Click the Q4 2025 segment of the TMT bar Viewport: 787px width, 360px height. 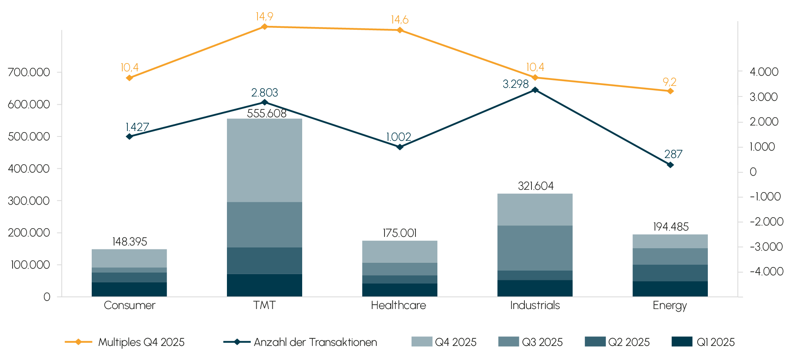tap(265, 160)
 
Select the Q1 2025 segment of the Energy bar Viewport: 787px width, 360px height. tap(670, 289)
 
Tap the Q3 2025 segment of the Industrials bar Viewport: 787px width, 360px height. tap(535, 248)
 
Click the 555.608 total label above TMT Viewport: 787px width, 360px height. tap(267, 114)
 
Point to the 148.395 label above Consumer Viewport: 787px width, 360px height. tap(129, 242)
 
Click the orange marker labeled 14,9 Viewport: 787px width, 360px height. tap(265, 27)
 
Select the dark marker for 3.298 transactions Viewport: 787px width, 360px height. tap(535, 90)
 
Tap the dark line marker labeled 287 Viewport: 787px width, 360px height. tap(670, 165)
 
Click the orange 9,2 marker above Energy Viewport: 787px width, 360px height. tap(670, 91)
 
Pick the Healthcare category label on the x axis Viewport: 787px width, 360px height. tap(398, 305)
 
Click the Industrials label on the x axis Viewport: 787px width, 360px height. tap(535, 305)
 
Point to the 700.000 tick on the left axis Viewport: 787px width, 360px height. tap(29, 72)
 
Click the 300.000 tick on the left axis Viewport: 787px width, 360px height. tap(29, 201)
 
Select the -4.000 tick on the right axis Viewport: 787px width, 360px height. tap(766, 271)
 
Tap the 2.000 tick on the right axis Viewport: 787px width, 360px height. tap(764, 122)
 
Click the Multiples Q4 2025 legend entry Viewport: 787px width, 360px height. tap(125, 342)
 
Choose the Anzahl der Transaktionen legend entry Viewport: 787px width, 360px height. tap(300, 342)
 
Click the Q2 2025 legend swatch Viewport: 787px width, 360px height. tap(595, 342)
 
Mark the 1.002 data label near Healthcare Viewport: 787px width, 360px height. tap(398, 137)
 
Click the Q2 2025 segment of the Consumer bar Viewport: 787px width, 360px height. tap(129, 277)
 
